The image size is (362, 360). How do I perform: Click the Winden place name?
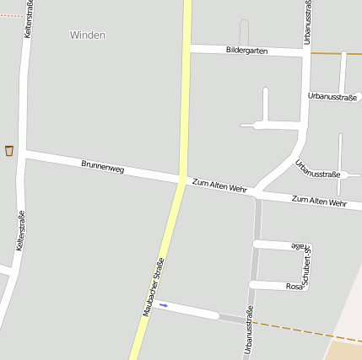[x=88, y=35]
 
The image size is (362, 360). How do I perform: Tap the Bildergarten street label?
[x=246, y=51]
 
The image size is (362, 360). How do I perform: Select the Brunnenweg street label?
[x=103, y=166]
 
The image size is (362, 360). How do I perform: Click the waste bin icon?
[x=9, y=151]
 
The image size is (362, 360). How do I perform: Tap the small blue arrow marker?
[x=163, y=304]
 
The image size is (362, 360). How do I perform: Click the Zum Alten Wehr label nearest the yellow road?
[x=219, y=185]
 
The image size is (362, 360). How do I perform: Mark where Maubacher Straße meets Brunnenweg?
[x=182, y=180]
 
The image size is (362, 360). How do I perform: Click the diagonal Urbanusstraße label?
[x=317, y=169]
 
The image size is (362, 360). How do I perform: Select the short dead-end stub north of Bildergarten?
[x=244, y=32]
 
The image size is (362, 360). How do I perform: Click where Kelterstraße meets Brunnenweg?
[x=26, y=153]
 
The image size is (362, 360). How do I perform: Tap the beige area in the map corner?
[x=344, y=349]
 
